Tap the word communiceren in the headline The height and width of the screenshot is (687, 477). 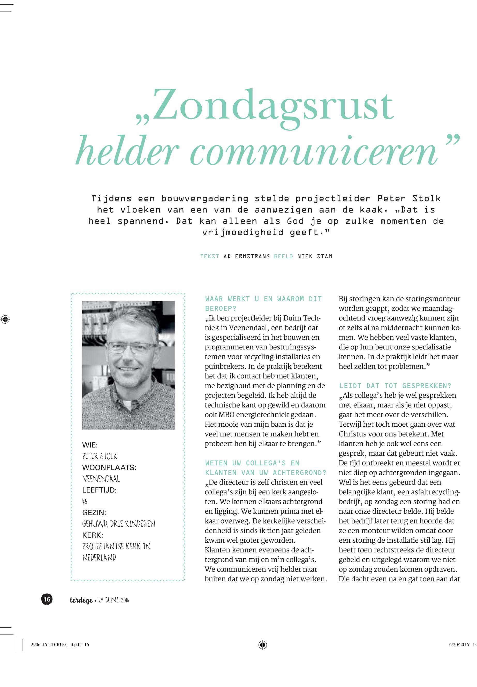(314, 152)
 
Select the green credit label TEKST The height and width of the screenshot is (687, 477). (209, 256)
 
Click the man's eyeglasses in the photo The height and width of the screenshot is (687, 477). (132, 348)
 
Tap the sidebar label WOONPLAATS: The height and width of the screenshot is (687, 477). (109, 467)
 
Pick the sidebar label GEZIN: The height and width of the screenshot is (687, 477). (94, 513)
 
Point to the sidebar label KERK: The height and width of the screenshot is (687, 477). (92, 535)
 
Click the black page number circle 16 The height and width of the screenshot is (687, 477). (47, 599)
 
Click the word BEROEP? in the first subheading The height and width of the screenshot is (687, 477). (221, 308)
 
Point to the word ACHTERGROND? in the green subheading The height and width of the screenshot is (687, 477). (299, 473)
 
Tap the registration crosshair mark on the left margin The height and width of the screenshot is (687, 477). (5, 319)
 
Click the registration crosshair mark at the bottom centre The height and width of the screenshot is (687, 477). (262, 645)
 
